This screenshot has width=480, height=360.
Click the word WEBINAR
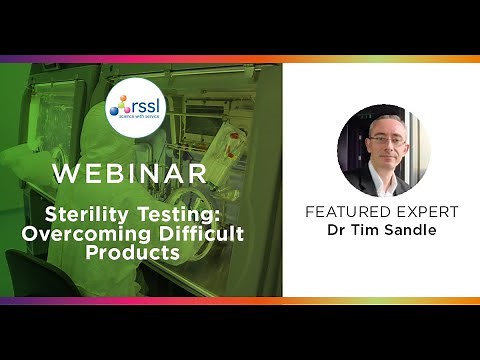(130, 174)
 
